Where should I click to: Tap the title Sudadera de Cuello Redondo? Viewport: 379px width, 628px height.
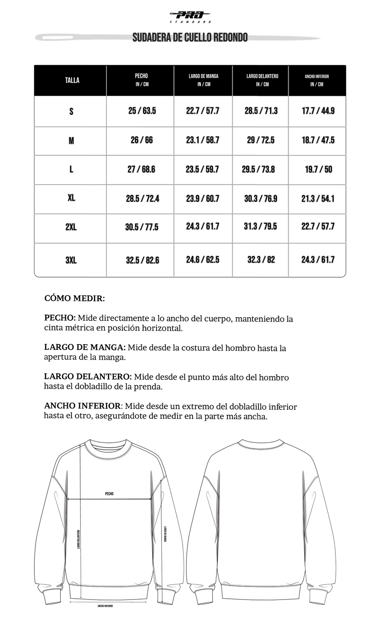coord(190,38)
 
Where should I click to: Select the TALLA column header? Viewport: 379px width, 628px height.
coord(72,80)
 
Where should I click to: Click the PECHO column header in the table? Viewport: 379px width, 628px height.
coord(141,80)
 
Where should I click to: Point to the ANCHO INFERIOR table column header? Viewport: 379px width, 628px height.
coord(317,80)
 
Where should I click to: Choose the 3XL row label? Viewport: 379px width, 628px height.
coord(71,260)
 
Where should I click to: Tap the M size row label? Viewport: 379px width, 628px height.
coord(71,141)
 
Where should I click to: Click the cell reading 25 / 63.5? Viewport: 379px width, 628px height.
coord(142,111)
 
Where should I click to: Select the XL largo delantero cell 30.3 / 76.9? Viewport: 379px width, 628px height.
coord(260,198)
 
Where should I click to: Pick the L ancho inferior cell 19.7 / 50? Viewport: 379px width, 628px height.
coord(318,169)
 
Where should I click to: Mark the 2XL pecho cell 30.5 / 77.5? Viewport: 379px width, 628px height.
coord(142,227)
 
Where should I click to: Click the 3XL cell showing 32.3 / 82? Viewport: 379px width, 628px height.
coord(261,260)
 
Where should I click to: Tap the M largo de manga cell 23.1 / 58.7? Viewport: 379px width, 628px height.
coord(202,140)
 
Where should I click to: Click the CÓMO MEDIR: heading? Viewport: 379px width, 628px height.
coord(75,298)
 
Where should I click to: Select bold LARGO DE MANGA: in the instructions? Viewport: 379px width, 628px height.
coord(85,347)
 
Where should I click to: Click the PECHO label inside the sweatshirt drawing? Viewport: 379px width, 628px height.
coord(109,494)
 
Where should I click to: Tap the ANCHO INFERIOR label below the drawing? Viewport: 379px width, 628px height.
coord(105,606)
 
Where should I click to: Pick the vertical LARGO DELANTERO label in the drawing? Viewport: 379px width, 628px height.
coord(78,539)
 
